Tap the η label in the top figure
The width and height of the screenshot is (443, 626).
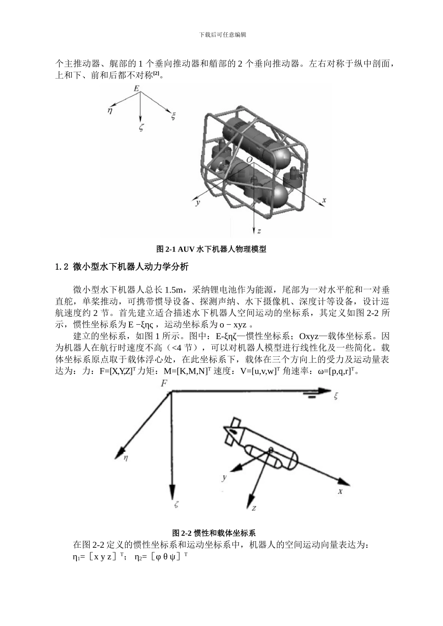pyautogui.click(x=110, y=110)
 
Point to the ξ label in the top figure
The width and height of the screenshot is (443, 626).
pyautogui.click(x=173, y=116)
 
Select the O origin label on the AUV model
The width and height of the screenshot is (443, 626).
pyautogui.click(x=250, y=160)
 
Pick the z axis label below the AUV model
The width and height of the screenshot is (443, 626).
pyautogui.click(x=259, y=231)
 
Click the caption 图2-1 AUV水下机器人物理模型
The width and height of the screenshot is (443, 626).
pyautogui.click(x=211, y=249)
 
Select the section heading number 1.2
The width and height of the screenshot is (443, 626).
pyautogui.click(x=62, y=267)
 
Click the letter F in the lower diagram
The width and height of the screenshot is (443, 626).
pyautogui.click(x=164, y=383)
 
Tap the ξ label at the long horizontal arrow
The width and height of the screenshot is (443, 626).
pyautogui.click(x=335, y=396)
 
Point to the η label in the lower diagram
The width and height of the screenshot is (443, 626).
pyautogui.click(x=126, y=458)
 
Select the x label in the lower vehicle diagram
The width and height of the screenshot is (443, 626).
pyautogui.click(x=340, y=491)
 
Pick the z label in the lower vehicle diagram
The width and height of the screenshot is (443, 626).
pyautogui.click(x=254, y=508)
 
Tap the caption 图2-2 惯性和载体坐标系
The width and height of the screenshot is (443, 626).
pyautogui.click(x=214, y=533)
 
